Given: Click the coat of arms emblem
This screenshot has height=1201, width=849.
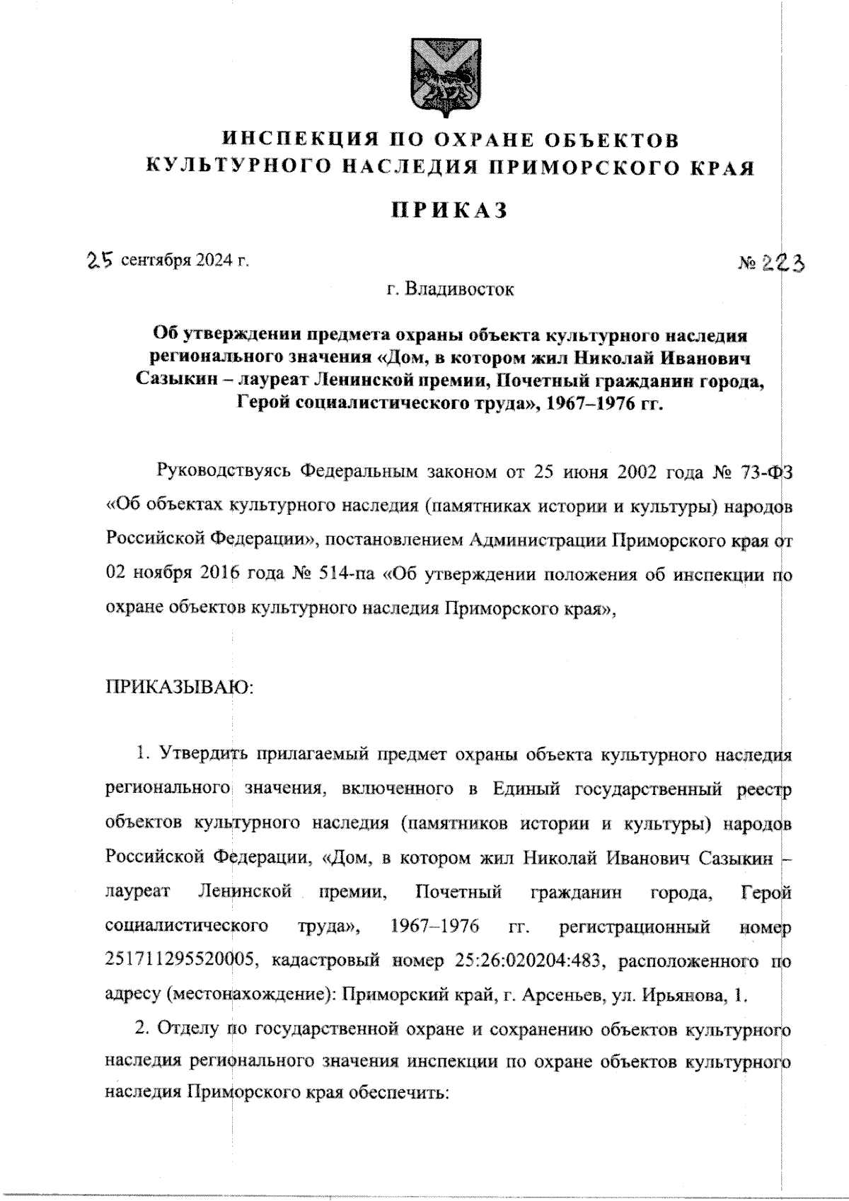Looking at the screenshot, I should click(x=434, y=75).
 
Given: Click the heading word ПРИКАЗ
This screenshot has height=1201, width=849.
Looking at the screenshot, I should click(x=450, y=211).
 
